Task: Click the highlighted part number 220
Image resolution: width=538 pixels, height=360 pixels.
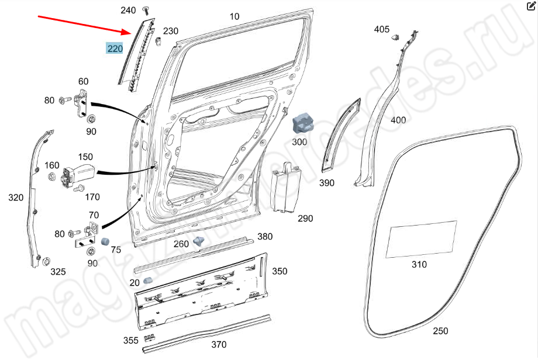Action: coord(114,49)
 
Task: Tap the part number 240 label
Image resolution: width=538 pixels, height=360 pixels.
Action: coord(128,11)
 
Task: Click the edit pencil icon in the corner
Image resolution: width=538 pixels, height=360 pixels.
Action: coord(530,6)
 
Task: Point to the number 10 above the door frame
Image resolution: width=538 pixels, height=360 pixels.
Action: coord(234,16)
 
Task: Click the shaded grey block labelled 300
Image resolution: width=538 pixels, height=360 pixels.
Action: coord(303,123)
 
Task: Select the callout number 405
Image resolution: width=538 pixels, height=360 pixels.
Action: coord(381,29)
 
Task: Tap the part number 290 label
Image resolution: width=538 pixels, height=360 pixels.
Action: coord(305,219)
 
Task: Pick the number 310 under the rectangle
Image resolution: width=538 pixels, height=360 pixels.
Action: coord(419,264)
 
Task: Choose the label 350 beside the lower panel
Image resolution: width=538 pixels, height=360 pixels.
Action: coord(280,271)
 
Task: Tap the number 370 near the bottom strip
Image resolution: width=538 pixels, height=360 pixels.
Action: coord(218,345)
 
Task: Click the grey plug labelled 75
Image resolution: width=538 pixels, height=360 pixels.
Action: coord(106,241)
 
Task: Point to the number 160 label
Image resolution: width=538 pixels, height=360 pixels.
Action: coord(52,165)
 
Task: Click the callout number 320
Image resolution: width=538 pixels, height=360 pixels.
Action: coord(16,198)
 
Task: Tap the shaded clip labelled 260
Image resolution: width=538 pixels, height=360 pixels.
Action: coord(199,240)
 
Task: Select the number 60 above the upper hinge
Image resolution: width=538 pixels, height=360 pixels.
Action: coord(83,81)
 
